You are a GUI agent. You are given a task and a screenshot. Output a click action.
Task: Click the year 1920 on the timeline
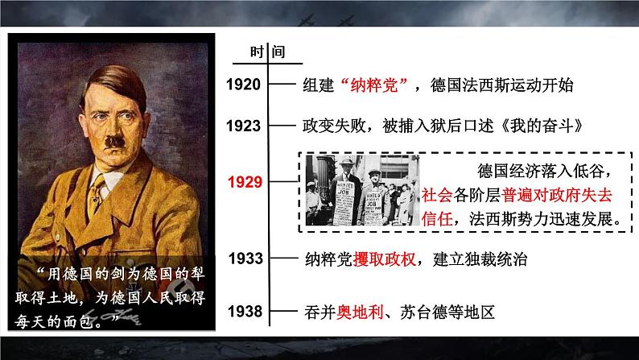point(243,85)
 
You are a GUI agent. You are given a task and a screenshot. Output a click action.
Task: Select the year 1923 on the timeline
point(243,126)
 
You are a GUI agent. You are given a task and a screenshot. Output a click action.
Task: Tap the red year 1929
point(244,183)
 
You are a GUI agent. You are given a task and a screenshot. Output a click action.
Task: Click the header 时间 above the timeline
point(266,53)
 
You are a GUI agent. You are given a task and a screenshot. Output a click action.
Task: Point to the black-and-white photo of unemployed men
point(362,191)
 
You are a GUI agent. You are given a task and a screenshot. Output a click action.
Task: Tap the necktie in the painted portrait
point(97,193)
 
